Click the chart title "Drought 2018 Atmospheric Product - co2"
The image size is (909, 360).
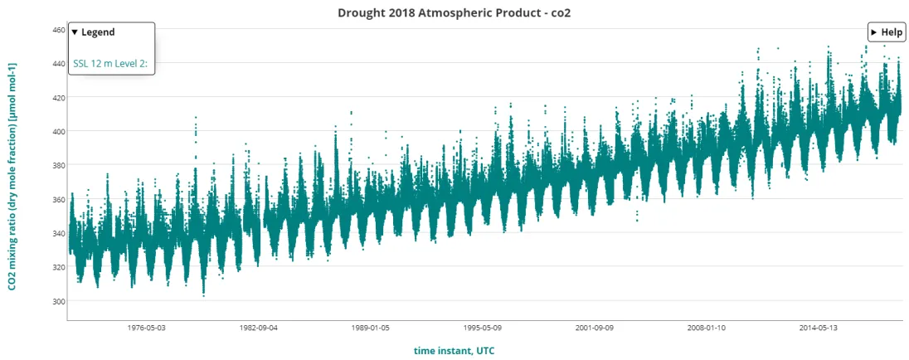(454, 13)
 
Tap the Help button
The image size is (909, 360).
(887, 32)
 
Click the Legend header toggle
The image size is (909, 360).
(93, 32)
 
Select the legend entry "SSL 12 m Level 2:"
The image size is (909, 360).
(110, 62)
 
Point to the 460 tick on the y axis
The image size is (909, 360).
(58, 29)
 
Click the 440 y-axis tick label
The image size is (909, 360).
(58, 63)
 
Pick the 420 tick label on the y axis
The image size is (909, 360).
(58, 97)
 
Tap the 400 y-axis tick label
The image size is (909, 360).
(58, 131)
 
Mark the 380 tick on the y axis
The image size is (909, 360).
(58, 165)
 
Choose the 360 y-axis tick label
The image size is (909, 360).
(58, 199)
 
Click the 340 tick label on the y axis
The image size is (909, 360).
(58, 233)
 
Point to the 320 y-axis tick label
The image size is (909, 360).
(58, 267)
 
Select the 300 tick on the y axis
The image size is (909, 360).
(58, 301)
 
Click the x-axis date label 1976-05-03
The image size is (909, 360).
(147, 328)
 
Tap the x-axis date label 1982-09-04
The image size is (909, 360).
(258, 328)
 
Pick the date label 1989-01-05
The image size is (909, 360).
(369, 328)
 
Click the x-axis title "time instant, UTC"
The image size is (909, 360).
(454, 351)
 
